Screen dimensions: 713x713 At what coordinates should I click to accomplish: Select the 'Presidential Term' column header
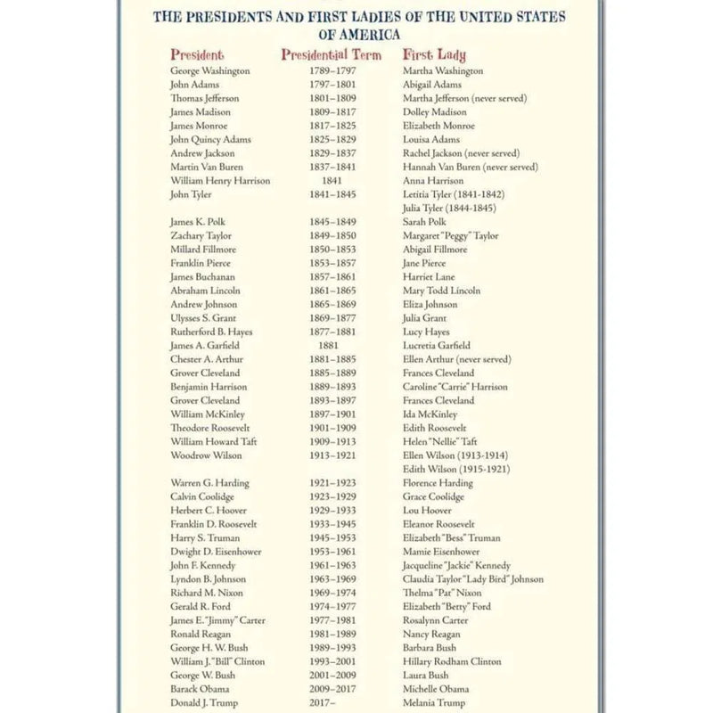pyautogui.click(x=331, y=54)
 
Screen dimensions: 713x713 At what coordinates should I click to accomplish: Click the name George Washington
pyautogui.click(x=210, y=70)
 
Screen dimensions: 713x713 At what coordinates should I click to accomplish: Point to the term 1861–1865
pyautogui.click(x=331, y=291)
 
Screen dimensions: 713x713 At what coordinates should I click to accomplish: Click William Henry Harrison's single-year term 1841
pyautogui.click(x=331, y=181)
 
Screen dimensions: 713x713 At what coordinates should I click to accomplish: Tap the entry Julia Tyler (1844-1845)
pyautogui.click(x=449, y=209)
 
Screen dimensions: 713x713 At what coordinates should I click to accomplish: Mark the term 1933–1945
pyautogui.click(x=331, y=524)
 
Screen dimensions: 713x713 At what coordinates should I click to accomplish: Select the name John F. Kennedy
pyautogui.click(x=203, y=566)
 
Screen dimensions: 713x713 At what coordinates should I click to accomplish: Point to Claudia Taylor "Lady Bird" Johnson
pyautogui.click(x=472, y=579)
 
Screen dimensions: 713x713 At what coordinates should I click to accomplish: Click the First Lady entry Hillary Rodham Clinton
pyautogui.click(x=452, y=662)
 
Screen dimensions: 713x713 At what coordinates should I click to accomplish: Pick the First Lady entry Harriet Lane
pyautogui.click(x=429, y=277)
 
